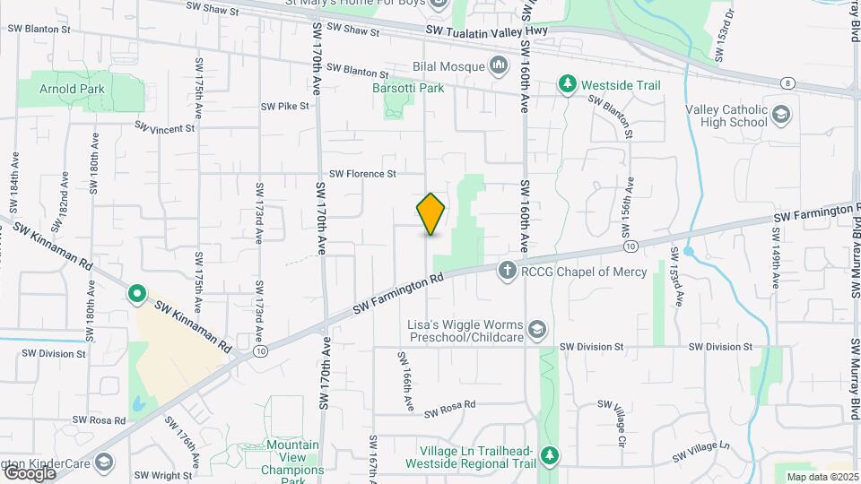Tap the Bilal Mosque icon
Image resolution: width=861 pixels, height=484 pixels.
[x=498, y=65]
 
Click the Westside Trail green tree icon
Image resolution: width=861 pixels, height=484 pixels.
[x=567, y=85]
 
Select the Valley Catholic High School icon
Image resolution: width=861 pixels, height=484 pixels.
[x=781, y=114]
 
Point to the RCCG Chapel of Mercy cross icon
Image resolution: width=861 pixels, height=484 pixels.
[x=507, y=269]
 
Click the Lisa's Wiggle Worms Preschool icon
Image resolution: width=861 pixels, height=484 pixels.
[x=536, y=330]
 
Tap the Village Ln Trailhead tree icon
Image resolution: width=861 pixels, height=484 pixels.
[x=551, y=456]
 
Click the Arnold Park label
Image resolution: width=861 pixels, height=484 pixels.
[x=73, y=89]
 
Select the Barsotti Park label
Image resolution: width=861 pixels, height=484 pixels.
[x=408, y=88]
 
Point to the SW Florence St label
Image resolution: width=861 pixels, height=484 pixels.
[x=362, y=174]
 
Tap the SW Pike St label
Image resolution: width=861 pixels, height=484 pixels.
[x=284, y=106]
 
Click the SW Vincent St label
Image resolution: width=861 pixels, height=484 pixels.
[x=165, y=128]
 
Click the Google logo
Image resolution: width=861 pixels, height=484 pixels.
[x=30, y=472]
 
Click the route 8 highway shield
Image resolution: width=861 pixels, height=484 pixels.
[x=787, y=83]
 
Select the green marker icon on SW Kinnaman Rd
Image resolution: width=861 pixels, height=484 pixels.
[x=136, y=292]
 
